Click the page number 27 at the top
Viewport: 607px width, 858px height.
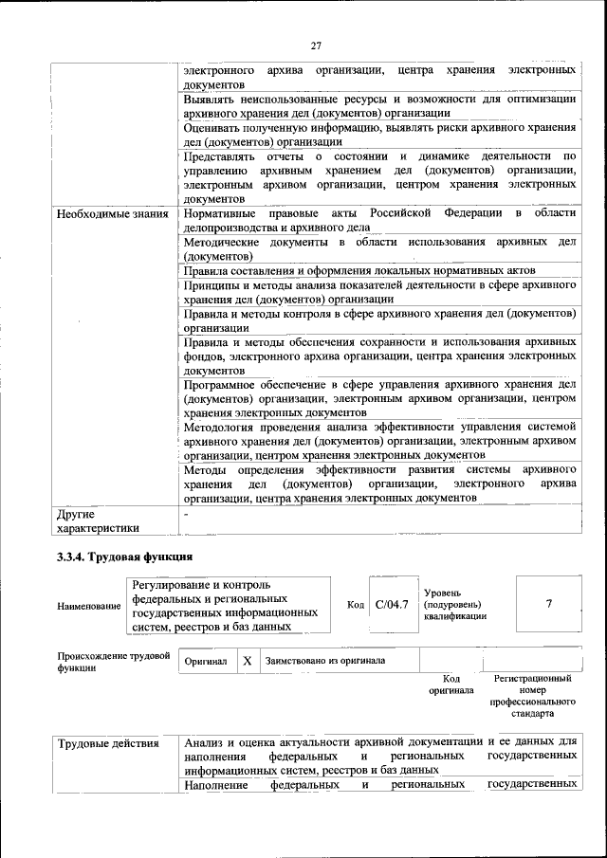click(316, 45)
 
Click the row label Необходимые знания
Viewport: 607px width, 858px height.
click(112, 214)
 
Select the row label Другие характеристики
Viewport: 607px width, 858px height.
click(98, 521)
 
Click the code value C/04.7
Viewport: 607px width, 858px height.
click(391, 604)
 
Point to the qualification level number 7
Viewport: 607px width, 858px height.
click(549, 604)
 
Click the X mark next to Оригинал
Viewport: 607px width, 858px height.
click(246, 661)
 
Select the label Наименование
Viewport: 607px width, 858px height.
click(89, 606)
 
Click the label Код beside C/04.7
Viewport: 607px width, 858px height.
click(356, 605)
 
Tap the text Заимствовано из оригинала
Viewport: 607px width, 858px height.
click(324, 661)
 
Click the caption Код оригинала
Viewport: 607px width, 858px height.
click(451, 685)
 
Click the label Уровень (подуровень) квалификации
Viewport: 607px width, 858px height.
click(455, 604)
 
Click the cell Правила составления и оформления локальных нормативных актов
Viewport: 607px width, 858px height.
click(359, 270)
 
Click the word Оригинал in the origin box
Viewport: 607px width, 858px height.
click(206, 661)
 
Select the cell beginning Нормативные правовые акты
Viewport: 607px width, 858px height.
click(379, 221)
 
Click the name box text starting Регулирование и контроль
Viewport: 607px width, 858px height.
click(225, 605)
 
